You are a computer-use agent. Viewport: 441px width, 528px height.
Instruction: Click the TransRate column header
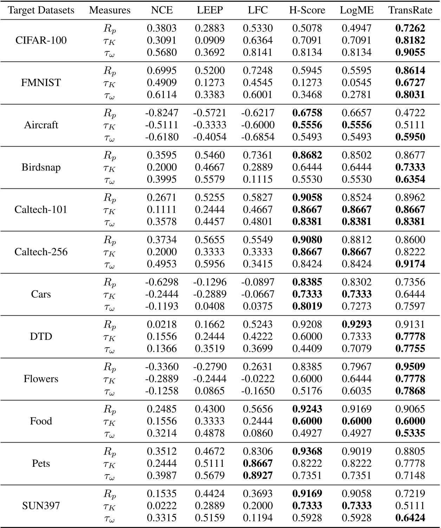(410, 10)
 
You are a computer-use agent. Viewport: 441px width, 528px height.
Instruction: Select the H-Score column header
(307, 10)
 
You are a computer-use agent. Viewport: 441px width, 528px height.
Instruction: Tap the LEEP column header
(210, 10)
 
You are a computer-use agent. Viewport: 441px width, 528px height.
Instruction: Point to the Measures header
(110, 10)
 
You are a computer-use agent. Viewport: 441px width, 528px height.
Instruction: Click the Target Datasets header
(41, 10)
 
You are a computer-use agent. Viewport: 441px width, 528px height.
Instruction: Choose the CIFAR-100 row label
(41, 40)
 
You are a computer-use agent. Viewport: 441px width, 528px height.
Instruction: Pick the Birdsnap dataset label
(41, 167)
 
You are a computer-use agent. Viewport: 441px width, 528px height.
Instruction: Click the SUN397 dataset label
(41, 506)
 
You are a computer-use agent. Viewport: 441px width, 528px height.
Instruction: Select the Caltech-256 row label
(41, 252)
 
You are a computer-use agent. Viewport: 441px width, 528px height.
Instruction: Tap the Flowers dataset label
(41, 379)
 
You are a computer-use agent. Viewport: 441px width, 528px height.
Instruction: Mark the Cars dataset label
(41, 294)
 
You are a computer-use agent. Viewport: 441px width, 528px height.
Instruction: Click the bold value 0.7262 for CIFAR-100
(410, 28)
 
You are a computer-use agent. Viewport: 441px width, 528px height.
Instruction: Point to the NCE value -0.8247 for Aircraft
(162, 113)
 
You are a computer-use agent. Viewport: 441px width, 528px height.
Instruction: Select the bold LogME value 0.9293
(357, 324)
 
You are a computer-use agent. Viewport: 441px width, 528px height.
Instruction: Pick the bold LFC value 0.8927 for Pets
(258, 476)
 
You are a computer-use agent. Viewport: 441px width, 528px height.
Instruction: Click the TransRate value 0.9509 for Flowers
(410, 367)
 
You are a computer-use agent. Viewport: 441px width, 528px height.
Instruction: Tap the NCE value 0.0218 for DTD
(162, 324)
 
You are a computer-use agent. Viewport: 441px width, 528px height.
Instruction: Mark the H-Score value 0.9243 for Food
(307, 409)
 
